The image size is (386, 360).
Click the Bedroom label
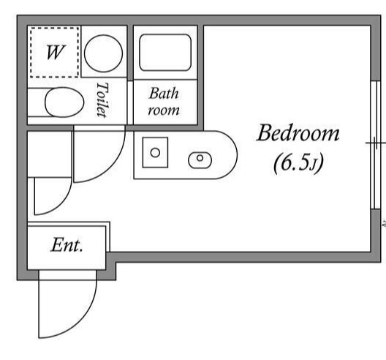[x=298, y=133]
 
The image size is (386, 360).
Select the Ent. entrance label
[x=67, y=245]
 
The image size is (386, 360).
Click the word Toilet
[x=102, y=100]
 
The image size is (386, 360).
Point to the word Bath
[x=164, y=94]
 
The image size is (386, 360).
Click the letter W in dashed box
[x=56, y=52]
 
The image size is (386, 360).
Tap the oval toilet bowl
[x=64, y=102]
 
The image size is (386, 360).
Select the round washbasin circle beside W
[x=103, y=53]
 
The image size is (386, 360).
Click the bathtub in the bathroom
[x=165, y=53]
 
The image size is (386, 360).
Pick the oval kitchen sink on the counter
[x=200, y=160]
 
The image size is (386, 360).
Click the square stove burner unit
[x=155, y=152]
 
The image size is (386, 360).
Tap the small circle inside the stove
[x=155, y=152]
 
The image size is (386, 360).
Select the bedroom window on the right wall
[x=376, y=145]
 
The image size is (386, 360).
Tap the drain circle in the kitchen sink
[x=200, y=158]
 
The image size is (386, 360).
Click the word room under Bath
[x=164, y=111]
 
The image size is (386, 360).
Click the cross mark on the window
[x=376, y=143]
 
